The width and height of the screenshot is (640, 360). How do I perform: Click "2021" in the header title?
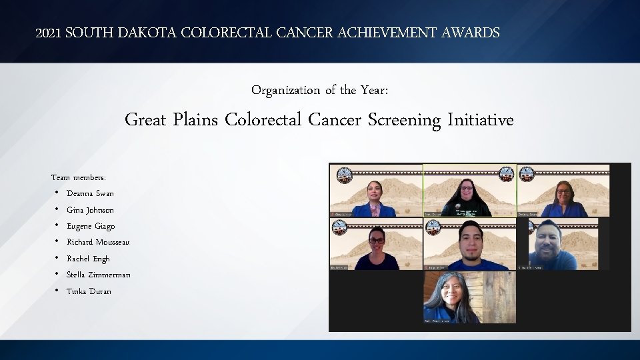47,33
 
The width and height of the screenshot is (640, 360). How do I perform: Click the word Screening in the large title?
407,121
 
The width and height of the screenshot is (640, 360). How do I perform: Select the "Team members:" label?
79,177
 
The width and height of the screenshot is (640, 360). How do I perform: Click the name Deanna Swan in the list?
90,193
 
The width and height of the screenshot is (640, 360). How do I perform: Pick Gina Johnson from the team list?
90,210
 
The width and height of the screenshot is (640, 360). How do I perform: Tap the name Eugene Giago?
91,226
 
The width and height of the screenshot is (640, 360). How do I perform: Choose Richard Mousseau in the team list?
98,242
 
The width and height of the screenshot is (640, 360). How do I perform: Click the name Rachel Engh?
88,259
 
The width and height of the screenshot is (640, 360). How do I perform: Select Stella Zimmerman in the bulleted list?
98,275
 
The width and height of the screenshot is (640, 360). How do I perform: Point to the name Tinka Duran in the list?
89,291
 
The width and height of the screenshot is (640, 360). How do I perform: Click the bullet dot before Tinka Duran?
57,291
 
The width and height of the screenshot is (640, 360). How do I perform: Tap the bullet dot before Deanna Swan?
57,193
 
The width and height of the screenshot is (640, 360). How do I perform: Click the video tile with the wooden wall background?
469,297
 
